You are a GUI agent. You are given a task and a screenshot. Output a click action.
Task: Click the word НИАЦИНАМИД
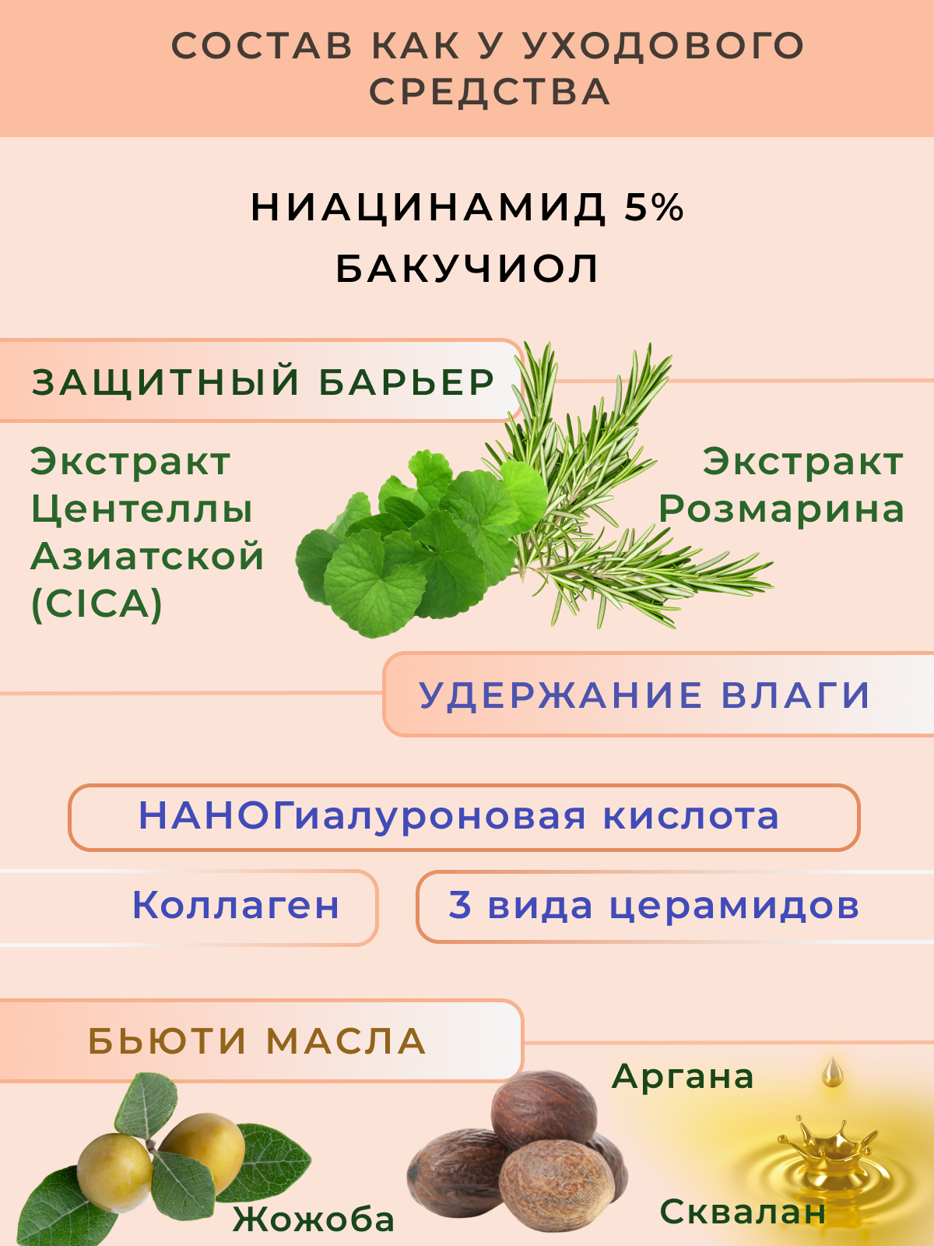pyautogui.click(x=428, y=209)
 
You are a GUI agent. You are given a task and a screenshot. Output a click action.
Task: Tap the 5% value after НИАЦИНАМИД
pyautogui.click(x=654, y=208)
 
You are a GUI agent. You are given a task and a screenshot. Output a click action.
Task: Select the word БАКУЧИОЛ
pyautogui.click(x=467, y=269)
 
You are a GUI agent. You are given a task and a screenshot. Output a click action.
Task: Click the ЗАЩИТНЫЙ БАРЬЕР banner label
pyautogui.click(x=263, y=382)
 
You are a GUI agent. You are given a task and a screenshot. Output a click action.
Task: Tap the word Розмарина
pyautogui.click(x=781, y=509)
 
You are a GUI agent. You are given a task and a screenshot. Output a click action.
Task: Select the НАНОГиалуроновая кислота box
pyautogui.click(x=464, y=818)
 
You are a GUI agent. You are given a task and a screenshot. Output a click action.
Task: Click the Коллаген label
pyautogui.click(x=235, y=906)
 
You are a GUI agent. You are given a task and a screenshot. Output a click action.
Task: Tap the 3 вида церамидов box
pyautogui.click(x=675, y=906)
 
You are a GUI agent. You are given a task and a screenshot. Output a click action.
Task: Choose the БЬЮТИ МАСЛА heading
pyautogui.click(x=257, y=1041)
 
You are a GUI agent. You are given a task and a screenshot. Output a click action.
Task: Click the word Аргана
pyautogui.click(x=683, y=1076)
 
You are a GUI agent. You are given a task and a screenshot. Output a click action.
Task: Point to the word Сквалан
pyautogui.click(x=743, y=1211)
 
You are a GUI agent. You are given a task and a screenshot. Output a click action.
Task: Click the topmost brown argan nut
pyautogui.click(x=543, y=1111)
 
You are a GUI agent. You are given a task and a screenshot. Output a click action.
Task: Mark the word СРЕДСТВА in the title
pyautogui.click(x=490, y=92)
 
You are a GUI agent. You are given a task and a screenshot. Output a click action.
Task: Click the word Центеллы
pyautogui.click(x=142, y=510)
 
